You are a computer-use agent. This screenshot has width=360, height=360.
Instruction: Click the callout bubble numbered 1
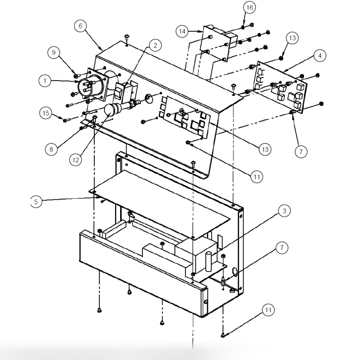[x=45, y=81]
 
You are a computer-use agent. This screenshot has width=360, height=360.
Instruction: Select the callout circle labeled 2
[x=155, y=46]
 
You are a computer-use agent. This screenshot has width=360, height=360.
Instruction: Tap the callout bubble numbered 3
[x=284, y=211]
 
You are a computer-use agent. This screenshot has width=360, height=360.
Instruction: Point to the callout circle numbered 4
[x=320, y=55]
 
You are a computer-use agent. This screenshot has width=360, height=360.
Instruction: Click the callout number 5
[x=36, y=202]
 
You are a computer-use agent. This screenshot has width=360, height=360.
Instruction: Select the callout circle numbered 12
[x=76, y=160]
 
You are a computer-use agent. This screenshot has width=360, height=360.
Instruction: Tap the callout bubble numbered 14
[x=182, y=31]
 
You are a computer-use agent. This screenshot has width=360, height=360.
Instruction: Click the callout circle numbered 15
[x=47, y=113]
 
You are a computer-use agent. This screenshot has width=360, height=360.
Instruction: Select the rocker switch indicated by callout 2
[x=119, y=91]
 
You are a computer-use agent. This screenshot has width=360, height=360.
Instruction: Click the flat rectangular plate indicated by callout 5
[x=159, y=204]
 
